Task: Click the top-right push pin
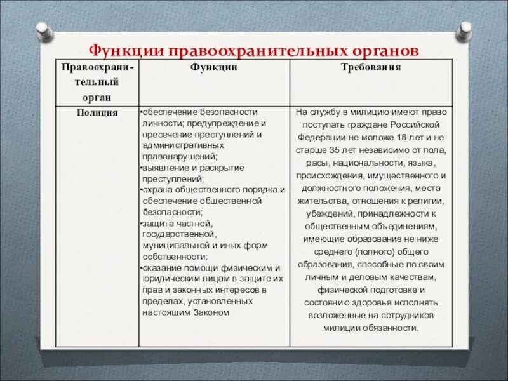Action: [465, 29]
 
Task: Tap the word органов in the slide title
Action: [383, 50]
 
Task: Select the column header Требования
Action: [371, 67]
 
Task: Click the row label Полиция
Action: [97, 112]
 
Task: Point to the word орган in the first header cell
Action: [97, 97]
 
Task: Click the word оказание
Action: [161, 267]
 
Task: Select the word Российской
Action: [419, 124]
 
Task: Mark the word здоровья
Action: [365, 302]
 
